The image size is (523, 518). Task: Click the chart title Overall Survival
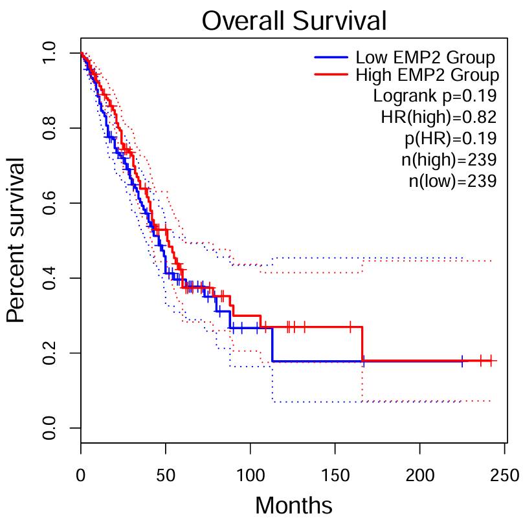[294, 21]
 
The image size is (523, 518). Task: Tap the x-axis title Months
[294, 504]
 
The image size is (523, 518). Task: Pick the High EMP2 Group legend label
[427, 75]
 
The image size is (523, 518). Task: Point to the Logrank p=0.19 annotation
[435, 96]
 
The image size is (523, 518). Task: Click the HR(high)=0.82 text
[438, 117]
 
